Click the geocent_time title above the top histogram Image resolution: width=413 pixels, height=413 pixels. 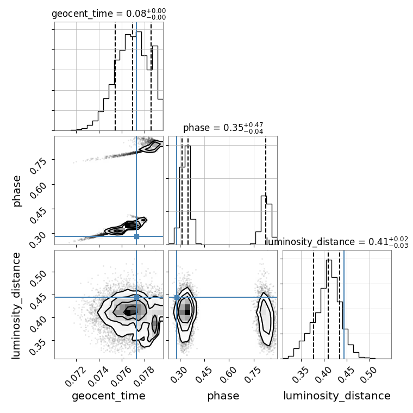[109, 14]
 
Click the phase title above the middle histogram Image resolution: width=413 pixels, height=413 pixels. [223, 128]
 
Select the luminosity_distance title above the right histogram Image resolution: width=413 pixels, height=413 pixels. [337, 242]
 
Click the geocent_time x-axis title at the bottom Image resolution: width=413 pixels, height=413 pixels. [109, 396]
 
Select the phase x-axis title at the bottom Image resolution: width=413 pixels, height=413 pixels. [223, 396]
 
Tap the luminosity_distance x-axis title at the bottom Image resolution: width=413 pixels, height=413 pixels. [337, 396]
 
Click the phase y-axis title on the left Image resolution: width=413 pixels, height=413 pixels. [16, 191]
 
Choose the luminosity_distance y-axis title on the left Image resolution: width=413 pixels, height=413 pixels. [16, 305]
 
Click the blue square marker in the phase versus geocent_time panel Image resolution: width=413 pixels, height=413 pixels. [136, 236]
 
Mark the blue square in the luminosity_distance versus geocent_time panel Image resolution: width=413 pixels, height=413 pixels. [136, 297]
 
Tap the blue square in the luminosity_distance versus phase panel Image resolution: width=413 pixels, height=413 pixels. [177, 297]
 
